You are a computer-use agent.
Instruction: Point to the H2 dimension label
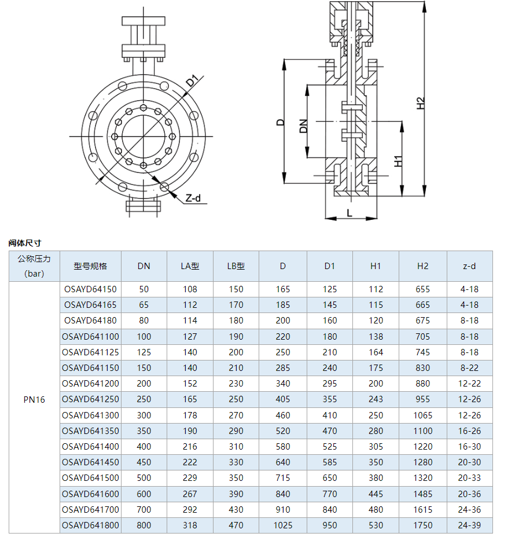[421, 102]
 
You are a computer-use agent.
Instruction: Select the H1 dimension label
[398, 161]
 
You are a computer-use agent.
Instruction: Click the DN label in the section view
[303, 126]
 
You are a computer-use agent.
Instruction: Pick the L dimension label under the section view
[349, 212]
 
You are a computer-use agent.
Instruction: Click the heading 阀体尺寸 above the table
[25, 243]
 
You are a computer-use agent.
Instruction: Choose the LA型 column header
[190, 266]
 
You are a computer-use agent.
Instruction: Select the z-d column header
[469, 266]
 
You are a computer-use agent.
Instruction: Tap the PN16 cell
[34, 399]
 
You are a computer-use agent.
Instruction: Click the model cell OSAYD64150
[90, 289]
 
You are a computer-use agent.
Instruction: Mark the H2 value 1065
[422, 415]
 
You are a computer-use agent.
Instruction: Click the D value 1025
[283, 525]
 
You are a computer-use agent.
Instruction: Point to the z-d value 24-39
[469, 525]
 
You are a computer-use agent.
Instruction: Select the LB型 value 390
[236, 494]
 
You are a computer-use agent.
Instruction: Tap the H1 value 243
[376, 399]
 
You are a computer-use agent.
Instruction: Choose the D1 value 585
[330, 462]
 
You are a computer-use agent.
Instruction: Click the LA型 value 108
[190, 289]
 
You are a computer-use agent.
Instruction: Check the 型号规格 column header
[90, 266]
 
